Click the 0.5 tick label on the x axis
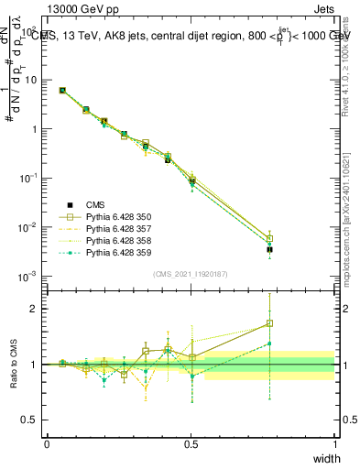pos(191,443)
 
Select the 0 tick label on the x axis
pos(47,443)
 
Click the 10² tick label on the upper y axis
pos(30,31)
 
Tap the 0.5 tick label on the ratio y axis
pos(33,420)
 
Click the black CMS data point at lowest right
pos(269,249)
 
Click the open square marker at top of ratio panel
pos(269,323)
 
